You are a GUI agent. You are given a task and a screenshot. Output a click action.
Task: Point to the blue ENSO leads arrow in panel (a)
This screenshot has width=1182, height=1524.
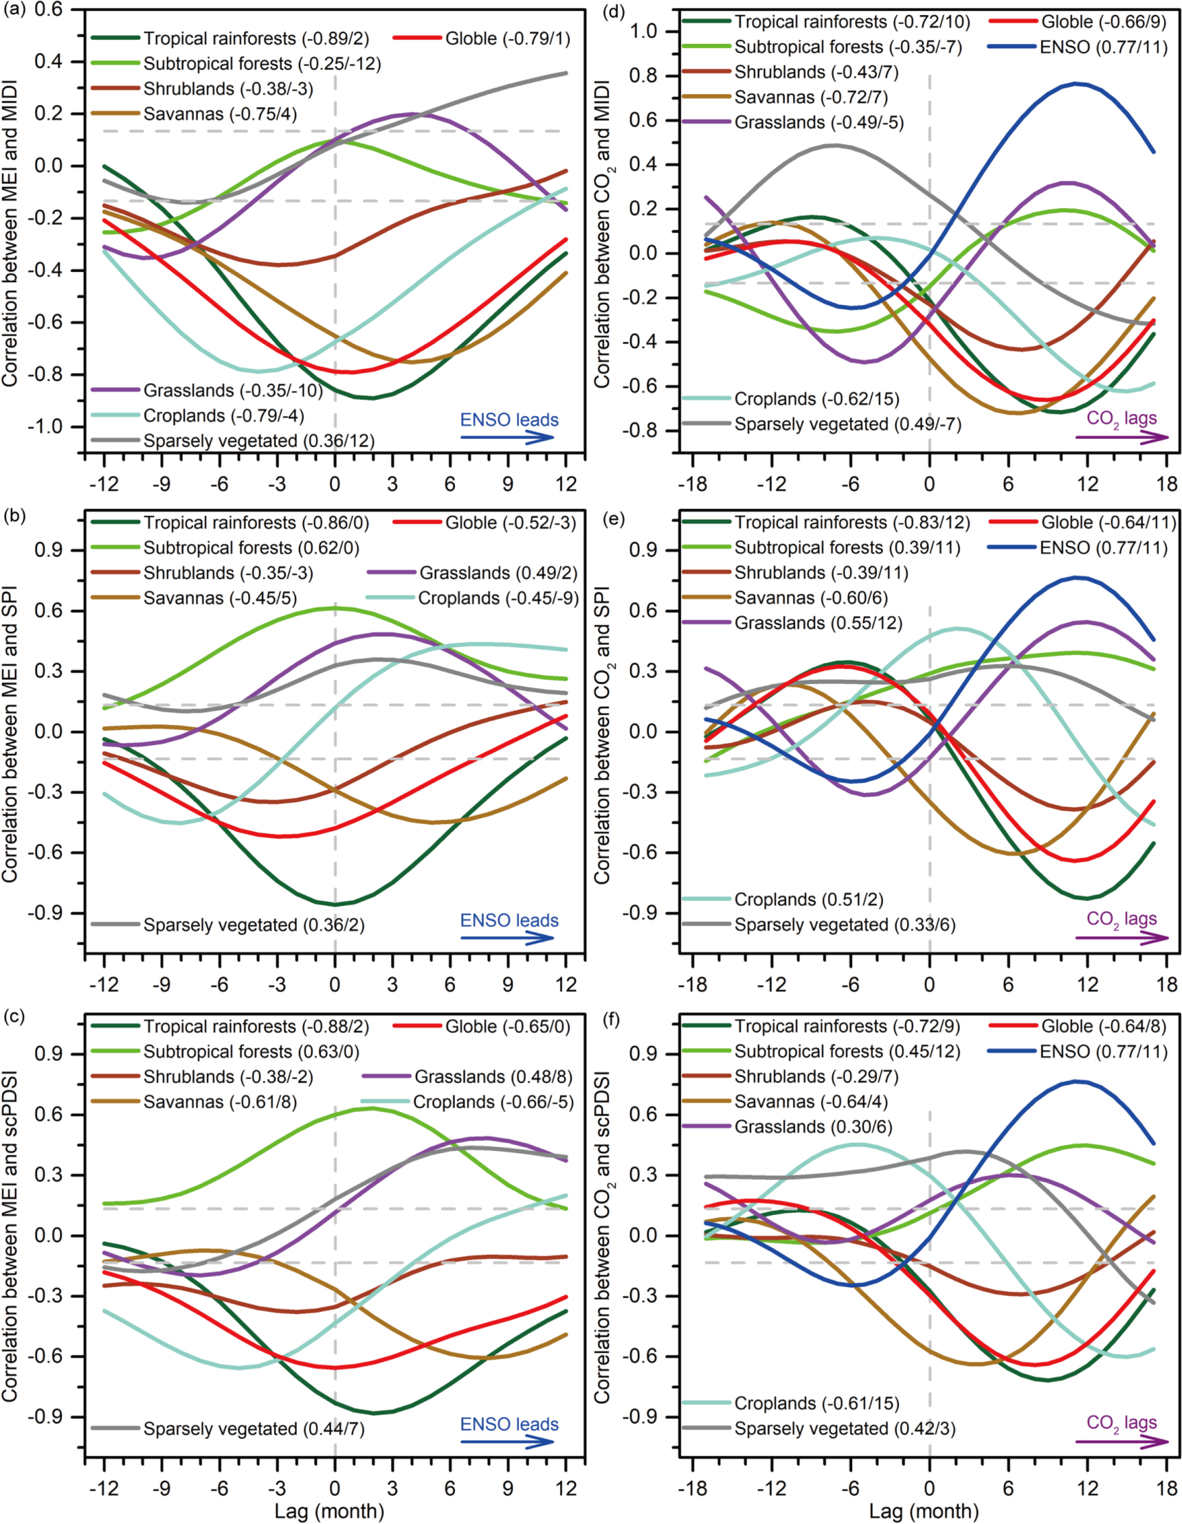(507, 437)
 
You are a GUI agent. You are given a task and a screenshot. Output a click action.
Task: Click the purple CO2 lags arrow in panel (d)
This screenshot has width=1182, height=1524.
(1122, 437)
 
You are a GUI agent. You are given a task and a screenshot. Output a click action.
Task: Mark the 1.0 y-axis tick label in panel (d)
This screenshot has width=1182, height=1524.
(644, 32)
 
